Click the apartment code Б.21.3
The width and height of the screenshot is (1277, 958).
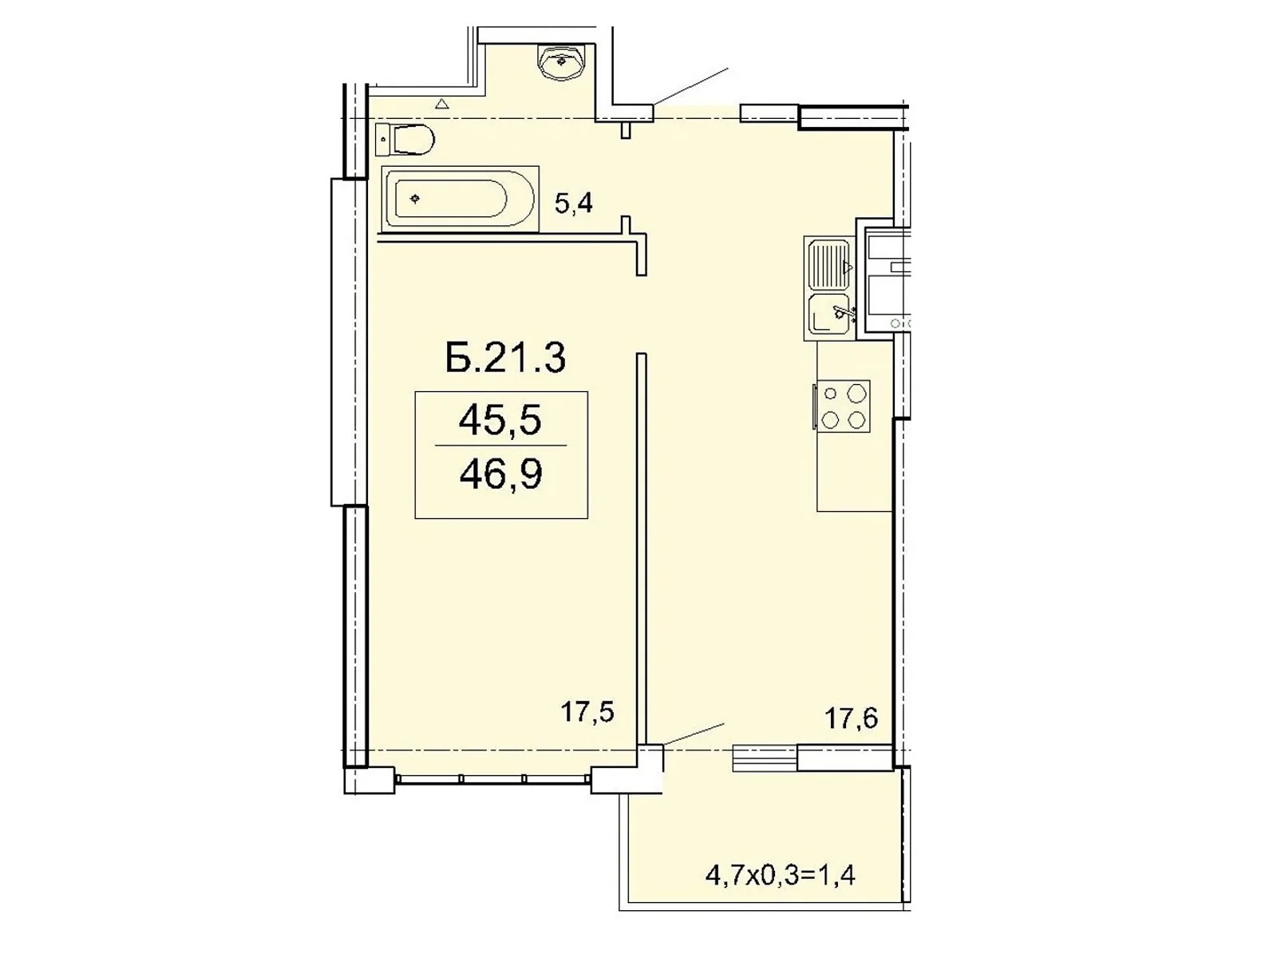coord(505,358)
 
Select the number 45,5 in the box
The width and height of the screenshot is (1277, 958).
coord(500,420)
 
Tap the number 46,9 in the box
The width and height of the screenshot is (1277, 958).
coord(500,474)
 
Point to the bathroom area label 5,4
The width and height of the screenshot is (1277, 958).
coord(573,204)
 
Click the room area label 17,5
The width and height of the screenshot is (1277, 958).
coord(587,711)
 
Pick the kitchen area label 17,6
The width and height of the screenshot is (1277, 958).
coord(851,718)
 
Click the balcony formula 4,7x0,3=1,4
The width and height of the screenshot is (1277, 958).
coord(780,876)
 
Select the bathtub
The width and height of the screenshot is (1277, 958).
coord(459,199)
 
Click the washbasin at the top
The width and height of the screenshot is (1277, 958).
coord(563,61)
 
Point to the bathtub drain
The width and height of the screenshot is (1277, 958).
coord(414,198)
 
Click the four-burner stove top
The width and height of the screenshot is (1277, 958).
coord(843,406)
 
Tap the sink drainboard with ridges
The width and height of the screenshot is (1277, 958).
coord(827,265)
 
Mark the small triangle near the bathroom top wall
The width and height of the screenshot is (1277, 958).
coord(441,103)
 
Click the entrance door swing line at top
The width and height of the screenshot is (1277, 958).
coord(691,86)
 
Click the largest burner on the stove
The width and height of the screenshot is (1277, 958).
coord(856,393)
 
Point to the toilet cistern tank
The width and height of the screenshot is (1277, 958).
coord(382,140)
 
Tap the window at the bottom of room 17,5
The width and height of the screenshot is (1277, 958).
coord(492,778)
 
